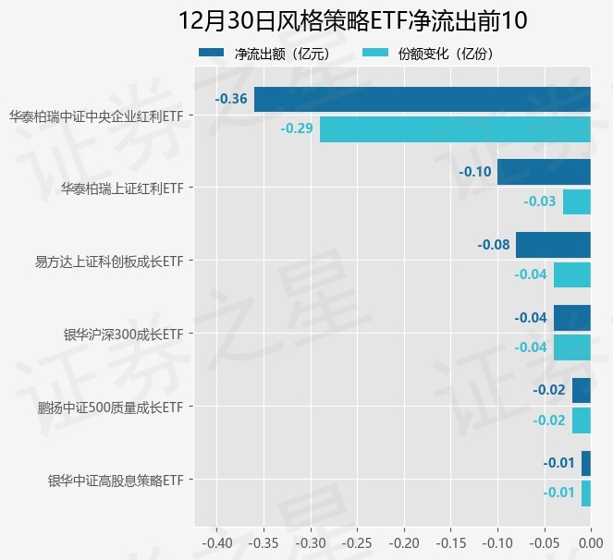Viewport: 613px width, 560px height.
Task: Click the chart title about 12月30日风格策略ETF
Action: pyautogui.click(x=352, y=21)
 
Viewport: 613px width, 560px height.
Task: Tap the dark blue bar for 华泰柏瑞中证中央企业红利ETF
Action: pyautogui.click(x=422, y=99)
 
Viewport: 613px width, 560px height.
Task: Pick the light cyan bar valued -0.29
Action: pyautogui.click(x=455, y=128)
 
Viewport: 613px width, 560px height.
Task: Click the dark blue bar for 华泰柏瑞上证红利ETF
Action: pyautogui.click(x=544, y=172)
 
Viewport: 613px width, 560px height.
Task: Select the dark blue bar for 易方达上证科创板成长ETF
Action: pyautogui.click(x=553, y=245)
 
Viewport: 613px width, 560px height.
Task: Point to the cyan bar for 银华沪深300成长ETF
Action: pyautogui.click(x=572, y=347)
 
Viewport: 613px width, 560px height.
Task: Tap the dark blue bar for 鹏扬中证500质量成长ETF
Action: pyautogui.click(x=582, y=390)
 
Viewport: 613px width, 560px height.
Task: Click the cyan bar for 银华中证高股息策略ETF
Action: pyautogui.click(x=586, y=493)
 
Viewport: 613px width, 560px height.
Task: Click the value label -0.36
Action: pyautogui.click(x=231, y=99)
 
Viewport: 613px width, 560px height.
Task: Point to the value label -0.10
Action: pyautogui.click(x=475, y=172)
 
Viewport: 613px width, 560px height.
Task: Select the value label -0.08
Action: pyautogui.click(x=494, y=245)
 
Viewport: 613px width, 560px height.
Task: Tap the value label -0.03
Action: pyautogui.click(x=540, y=201)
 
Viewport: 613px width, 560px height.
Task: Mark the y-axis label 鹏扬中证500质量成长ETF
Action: pyautogui.click(x=110, y=408)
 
